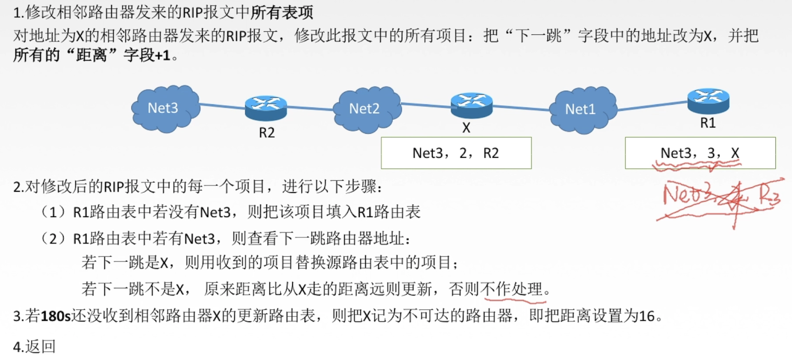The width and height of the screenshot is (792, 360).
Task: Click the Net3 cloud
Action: (x=165, y=108)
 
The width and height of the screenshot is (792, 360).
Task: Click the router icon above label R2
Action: (x=266, y=108)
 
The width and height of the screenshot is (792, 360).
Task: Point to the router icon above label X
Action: (x=471, y=105)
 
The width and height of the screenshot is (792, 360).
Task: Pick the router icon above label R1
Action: (x=708, y=100)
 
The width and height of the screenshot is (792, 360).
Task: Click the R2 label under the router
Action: (x=267, y=133)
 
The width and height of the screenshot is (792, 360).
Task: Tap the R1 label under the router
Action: (x=708, y=123)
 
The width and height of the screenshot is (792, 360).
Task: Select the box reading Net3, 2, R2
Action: (x=456, y=153)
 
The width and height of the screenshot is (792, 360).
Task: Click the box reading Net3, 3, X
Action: (x=700, y=153)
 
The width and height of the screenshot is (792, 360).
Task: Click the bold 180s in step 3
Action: (x=55, y=316)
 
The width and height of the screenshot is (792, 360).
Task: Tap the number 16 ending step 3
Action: (x=646, y=316)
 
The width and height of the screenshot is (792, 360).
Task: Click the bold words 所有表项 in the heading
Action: (x=282, y=13)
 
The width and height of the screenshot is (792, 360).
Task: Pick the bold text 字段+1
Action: (x=147, y=55)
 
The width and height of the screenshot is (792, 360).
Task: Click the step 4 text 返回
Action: (x=40, y=347)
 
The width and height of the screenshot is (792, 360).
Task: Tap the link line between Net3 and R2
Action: (x=222, y=106)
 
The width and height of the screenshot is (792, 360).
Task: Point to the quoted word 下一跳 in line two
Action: (x=538, y=35)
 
